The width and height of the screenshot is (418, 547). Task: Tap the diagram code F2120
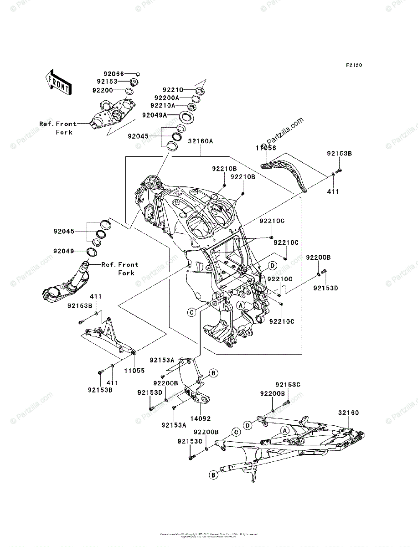pos(354,66)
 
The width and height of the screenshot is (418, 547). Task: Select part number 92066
pos(114,73)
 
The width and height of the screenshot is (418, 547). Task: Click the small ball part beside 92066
pos(138,73)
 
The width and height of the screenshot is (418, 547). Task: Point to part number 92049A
pos(155,115)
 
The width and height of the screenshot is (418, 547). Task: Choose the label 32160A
pos(200,141)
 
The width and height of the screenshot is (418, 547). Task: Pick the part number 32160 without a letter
pos(348,413)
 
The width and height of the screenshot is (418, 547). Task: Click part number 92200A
pos(167,98)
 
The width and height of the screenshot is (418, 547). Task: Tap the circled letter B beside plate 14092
pos(212,373)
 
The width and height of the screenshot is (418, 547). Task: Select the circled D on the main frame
pos(272,265)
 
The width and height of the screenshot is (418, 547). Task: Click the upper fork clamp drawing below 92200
pos(109,114)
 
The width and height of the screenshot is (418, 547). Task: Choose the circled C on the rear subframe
pos(236,432)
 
